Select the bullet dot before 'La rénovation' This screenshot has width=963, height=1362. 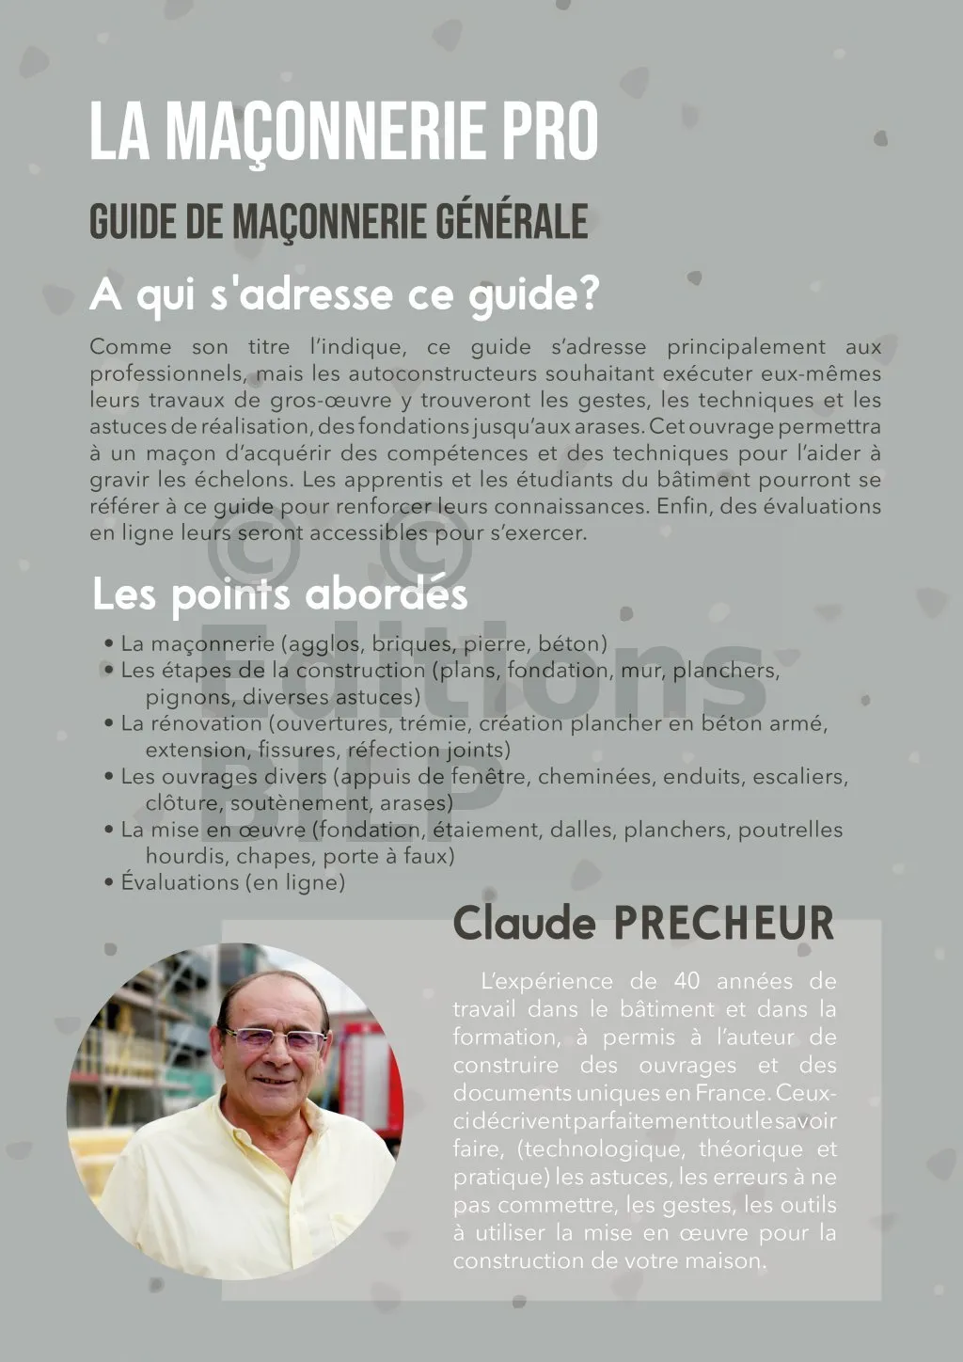(109, 724)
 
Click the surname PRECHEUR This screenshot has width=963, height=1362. (723, 923)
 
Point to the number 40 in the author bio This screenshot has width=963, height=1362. (687, 981)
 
